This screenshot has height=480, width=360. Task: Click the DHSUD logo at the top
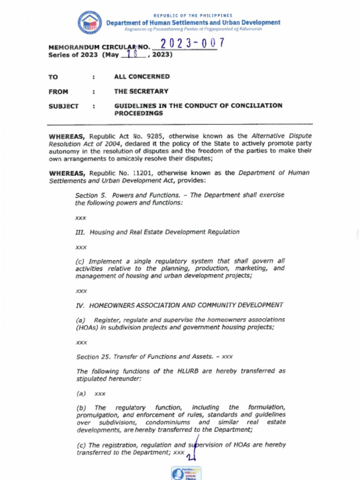coord(90,22)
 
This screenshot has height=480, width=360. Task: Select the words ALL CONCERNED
coord(142,76)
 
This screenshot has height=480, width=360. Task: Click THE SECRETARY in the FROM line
coord(141,91)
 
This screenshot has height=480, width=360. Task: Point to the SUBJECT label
coord(63,106)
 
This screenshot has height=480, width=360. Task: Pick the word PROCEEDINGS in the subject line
coord(138,113)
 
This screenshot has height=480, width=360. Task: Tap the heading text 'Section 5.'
coord(87,195)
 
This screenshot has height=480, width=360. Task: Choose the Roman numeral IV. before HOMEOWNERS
coord(80,305)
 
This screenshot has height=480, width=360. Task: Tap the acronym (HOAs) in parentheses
coord(86,327)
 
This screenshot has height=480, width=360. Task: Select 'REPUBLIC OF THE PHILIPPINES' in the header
coord(193,15)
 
